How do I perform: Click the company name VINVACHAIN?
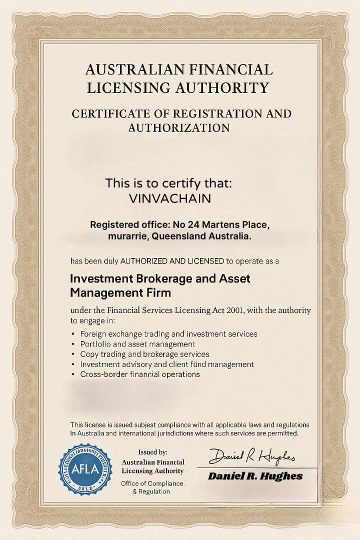click(170, 198)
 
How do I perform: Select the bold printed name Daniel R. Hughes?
click(255, 475)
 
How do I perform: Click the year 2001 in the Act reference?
click(235, 310)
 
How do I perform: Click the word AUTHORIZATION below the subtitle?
click(179, 128)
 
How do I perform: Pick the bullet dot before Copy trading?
click(73, 354)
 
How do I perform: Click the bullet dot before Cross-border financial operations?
click(73, 374)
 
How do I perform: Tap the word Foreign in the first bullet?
click(93, 333)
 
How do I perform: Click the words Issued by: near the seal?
click(153, 452)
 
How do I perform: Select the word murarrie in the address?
click(126, 236)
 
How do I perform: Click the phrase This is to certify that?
click(169, 183)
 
